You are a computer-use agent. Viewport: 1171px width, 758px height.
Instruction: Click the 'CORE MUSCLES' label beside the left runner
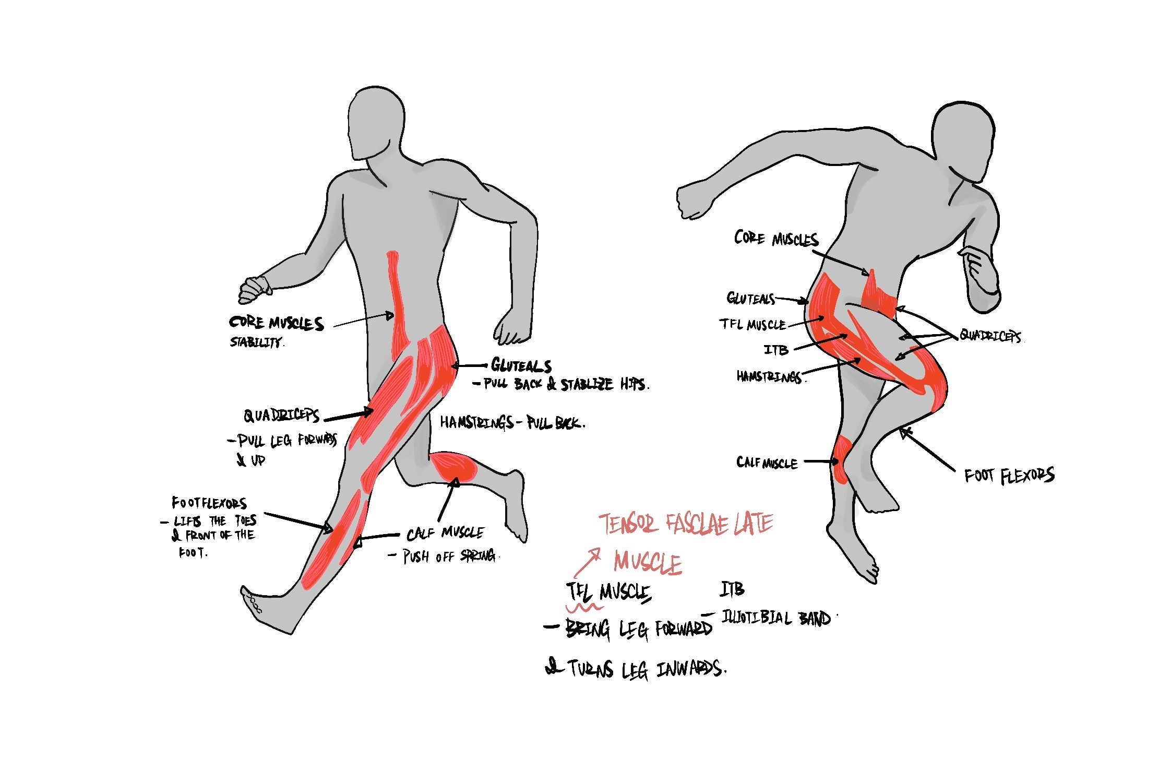277,323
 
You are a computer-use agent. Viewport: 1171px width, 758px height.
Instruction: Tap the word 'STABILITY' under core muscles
257,342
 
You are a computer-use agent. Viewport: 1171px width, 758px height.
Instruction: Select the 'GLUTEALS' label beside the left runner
521,365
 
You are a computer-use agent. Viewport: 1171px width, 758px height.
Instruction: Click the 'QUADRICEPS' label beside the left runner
281,416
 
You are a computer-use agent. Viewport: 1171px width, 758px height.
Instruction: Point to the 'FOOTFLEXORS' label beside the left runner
209,503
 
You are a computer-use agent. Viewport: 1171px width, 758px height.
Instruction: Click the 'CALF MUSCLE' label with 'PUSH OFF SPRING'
445,533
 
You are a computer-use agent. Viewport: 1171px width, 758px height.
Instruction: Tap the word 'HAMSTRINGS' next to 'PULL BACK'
476,422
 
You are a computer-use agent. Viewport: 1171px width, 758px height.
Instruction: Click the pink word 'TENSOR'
628,524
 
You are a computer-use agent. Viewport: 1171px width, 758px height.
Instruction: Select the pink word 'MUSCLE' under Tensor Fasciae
648,562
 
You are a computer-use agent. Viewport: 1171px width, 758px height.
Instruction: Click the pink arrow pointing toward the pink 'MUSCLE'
587,562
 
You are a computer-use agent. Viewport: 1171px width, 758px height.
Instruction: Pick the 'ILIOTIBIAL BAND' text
775,618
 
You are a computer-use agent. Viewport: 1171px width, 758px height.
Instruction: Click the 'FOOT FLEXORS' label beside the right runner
1009,476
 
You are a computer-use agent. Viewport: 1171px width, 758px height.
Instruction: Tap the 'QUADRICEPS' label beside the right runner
990,336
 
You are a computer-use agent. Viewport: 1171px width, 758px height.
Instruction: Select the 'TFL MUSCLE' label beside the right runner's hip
752,324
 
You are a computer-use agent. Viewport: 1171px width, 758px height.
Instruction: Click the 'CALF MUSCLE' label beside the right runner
767,463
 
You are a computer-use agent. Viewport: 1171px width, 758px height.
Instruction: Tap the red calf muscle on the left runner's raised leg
453,466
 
